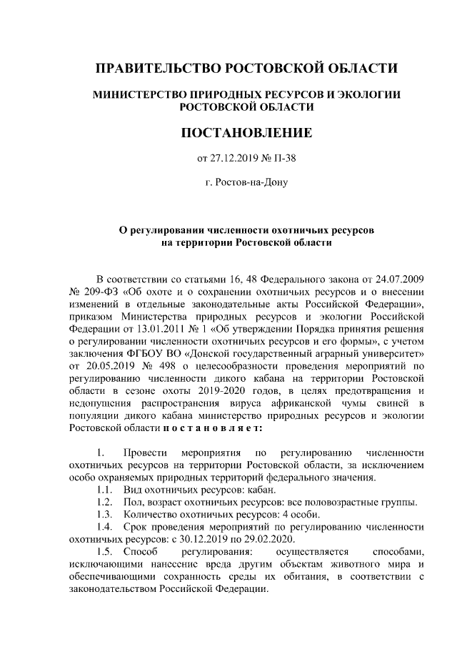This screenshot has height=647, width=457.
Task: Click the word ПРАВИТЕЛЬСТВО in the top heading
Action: coord(158,69)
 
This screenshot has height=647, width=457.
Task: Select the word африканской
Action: coord(294,406)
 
